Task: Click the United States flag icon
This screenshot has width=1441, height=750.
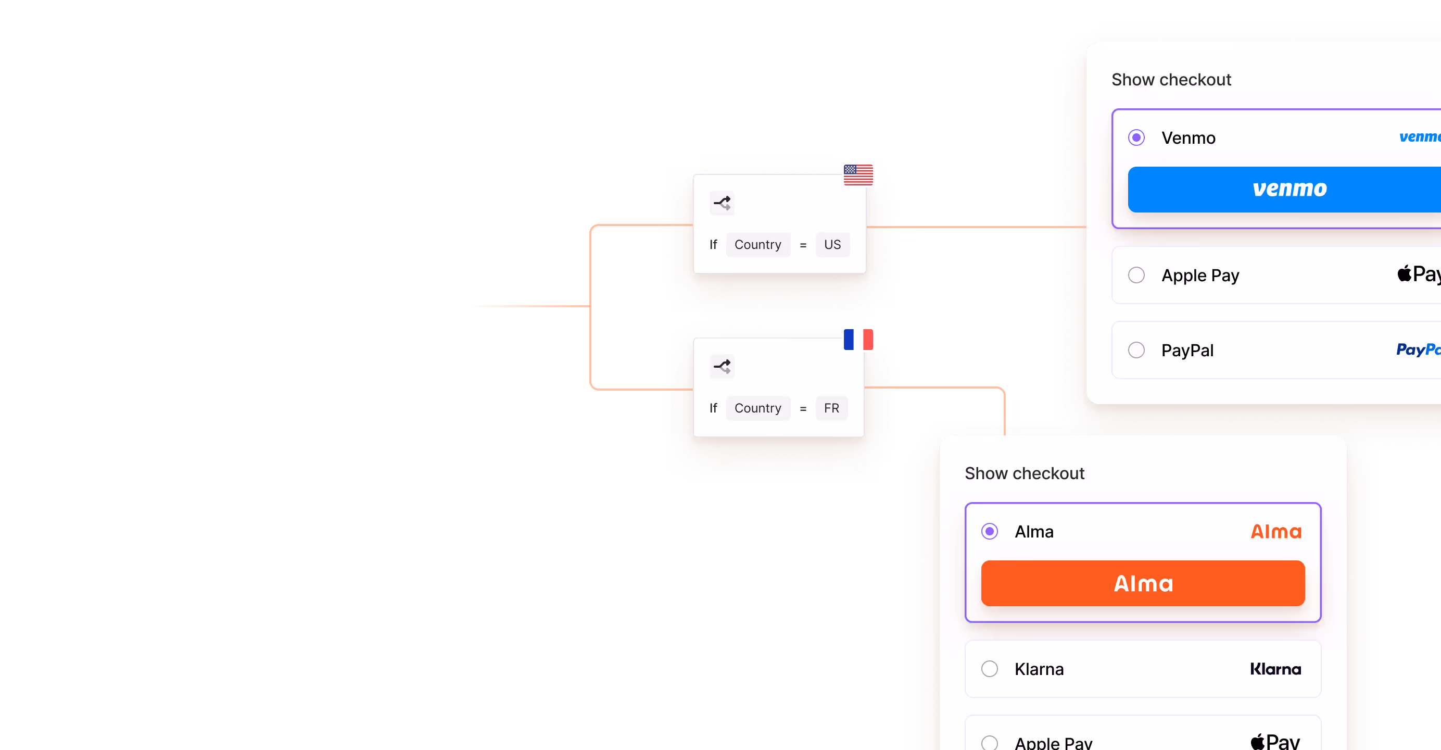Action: [x=858, y=174]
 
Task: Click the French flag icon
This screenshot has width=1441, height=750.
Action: [x=858, y=339]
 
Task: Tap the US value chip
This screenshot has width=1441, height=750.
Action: [x=832, y=245]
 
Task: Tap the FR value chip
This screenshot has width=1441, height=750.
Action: [x=831, y=408]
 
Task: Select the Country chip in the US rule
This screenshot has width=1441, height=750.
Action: [x=757, y=245]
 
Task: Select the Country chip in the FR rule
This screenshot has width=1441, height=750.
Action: [x=757, y=408]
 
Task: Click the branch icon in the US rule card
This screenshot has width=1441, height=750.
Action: [x=722, y=203]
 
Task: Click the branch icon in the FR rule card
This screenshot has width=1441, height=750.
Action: [x=722, y=367]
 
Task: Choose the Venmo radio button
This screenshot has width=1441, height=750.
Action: [x=1136, y=137]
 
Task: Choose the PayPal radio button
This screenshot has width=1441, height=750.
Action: [x=1136, y=351]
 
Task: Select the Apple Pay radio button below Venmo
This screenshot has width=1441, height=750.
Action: [x=1136, y=276]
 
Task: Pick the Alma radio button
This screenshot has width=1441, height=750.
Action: [x=990, y=531]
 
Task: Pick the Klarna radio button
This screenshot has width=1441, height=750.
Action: [x=990, y=669]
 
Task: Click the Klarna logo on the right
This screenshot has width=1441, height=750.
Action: [x=1275, y=669]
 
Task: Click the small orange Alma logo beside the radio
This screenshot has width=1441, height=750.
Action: [x=1276, y=531]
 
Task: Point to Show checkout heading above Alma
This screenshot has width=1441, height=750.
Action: [x=1024, y=473]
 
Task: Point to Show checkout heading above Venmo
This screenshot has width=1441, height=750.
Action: [x=1171, y=80]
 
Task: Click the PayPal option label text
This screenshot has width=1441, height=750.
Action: [x=1187, y=351]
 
